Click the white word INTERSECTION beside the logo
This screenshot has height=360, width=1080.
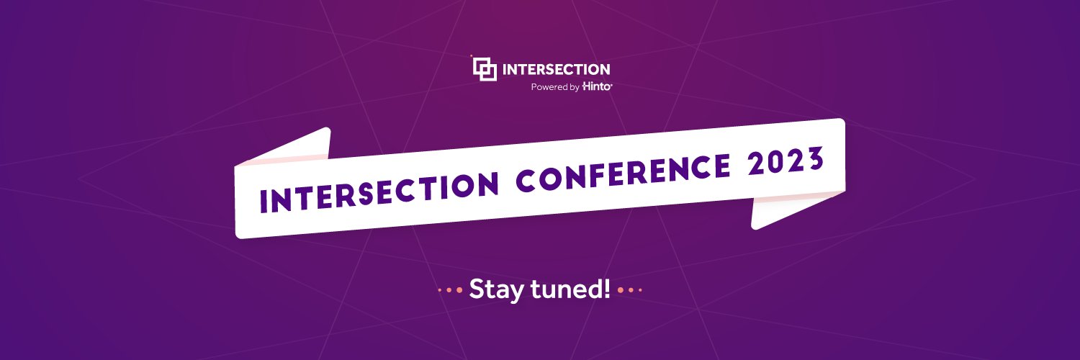point(556,70)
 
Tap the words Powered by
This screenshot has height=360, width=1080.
point(555,87)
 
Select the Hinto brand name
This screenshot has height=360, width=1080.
point(597,87)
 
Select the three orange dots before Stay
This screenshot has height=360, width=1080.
point(450,291)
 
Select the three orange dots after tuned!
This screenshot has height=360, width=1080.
point(629,291)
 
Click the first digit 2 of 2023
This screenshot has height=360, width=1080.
point(756,164)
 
